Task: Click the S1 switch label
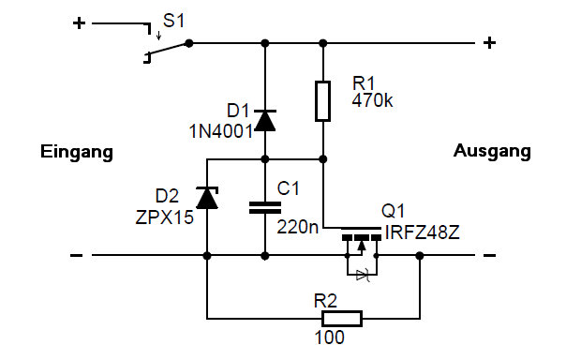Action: (173, 21)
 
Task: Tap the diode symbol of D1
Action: (265, 121)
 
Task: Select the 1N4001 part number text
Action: (221, 131)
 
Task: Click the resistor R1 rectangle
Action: (322, 101)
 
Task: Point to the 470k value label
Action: (372, 100)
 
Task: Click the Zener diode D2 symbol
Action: (207, 198)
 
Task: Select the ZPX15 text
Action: (165, 217)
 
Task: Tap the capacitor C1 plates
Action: (265, 207)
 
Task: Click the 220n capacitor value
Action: (298, 227)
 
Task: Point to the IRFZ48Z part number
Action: (423, 232)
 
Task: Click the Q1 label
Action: (393, 211)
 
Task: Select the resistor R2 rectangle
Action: (342, 319)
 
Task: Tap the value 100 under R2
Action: (329, 337)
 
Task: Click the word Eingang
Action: (77, 152)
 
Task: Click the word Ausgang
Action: (492, 151)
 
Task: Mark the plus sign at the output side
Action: (489, 43)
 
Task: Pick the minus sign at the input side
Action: (76, 256)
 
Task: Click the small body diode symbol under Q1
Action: (363, 275)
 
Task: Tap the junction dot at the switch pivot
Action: (188, 43)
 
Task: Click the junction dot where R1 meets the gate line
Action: (323, 158)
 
